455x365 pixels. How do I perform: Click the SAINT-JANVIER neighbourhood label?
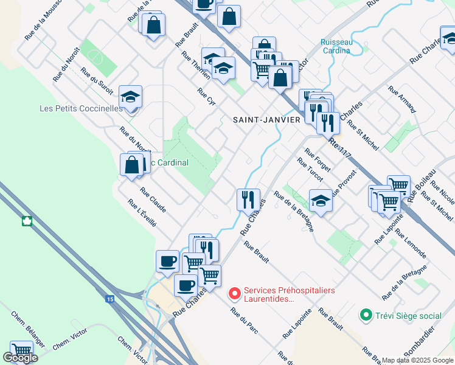point(267,120)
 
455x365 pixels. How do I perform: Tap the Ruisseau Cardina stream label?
point(335,46)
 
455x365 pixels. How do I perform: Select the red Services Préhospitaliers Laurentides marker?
point(234,294)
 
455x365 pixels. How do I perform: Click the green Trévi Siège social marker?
point(366,315)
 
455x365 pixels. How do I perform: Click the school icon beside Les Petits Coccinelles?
point(130,97)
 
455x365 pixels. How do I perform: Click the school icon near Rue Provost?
point(321,200)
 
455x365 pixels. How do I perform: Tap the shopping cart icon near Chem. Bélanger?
point(22,350)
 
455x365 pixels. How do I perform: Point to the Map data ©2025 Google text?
point(417,360)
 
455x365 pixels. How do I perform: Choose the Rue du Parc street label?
point(243,319)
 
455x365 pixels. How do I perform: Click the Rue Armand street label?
point(401,100)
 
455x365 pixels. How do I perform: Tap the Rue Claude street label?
point(153,199)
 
